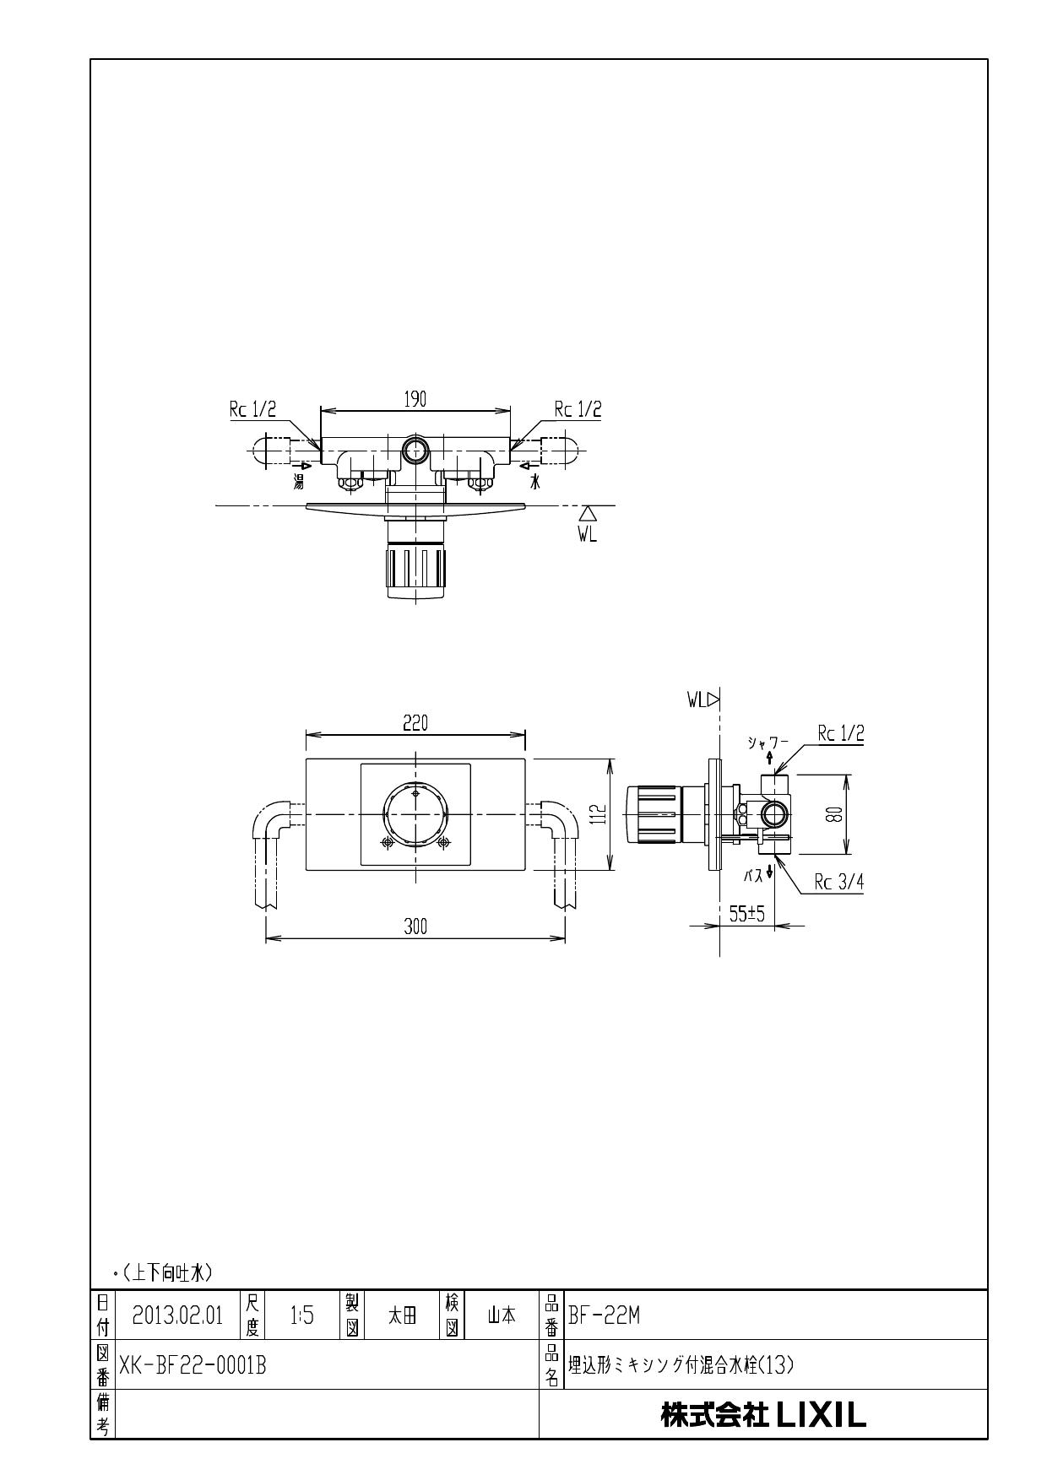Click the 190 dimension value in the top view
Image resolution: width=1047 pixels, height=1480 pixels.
click(x=415, y=400)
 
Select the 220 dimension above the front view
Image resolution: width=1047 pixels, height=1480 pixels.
click(x=415, y=723)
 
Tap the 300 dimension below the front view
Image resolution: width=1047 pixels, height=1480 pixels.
click(x=415, y=926)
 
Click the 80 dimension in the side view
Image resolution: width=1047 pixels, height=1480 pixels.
click(x=833, y=814)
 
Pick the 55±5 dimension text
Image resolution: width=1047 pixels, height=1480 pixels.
click(x=746, y=914)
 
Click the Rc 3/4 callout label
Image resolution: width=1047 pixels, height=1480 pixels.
click(x=838, y=883)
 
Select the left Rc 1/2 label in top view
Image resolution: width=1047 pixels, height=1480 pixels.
click(x=252, y=409)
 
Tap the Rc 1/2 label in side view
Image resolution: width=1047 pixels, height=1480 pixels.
click(x=840, y=734)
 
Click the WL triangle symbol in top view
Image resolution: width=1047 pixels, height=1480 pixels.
click(x=588, y=513)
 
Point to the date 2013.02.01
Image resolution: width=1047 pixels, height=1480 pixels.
click(x=177, y=1315)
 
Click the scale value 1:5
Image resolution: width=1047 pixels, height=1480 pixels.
click(x=301, y=1315)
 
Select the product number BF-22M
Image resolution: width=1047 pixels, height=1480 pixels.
click(x=604, y=1315)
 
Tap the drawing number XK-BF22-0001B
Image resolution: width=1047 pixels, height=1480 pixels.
click(x=193, y=1364)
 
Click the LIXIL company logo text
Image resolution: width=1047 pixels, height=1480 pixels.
click(x=763, y=1415)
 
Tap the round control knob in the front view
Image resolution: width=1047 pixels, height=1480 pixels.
click(x=415, y=814)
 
